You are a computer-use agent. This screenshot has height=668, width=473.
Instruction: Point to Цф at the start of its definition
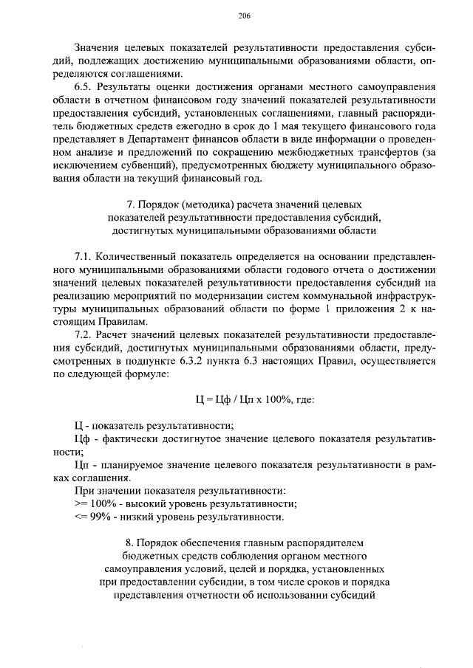(x=83, y=439)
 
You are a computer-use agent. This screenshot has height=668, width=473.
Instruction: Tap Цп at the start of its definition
(x=83, y=466)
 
